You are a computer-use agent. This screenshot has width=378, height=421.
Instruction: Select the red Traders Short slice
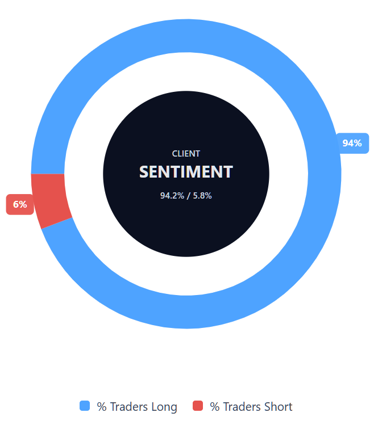(x=50, y=199)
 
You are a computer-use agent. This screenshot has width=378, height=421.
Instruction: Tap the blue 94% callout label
(x=352, y=143)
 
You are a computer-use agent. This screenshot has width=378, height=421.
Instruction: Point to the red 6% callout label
(x=20, y=204)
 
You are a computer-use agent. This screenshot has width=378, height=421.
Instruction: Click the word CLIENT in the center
(x=186, y=154)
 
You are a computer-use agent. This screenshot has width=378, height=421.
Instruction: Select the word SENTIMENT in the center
(x=186, y=172)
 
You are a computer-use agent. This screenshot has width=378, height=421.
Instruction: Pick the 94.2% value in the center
(x=172, y=196)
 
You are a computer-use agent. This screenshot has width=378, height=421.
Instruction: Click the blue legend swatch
(x=85, y=406)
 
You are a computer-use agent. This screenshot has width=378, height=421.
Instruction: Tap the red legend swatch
(x=198, y=406)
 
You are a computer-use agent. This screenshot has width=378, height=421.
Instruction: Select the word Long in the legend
(x=164, y=407)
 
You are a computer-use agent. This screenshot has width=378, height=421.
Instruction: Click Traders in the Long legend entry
(x=129, y=407)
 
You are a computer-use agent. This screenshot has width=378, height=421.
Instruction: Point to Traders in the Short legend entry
(x=243, y=407)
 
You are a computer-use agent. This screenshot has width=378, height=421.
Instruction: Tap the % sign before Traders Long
(x=102, y=407)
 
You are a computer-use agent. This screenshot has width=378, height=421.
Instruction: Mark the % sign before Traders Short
(x=215, y=407)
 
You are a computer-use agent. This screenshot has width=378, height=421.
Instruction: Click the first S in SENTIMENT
(x=144, y=172)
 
